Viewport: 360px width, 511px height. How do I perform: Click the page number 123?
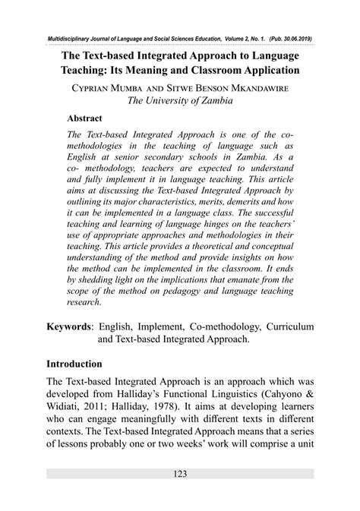point(180,475)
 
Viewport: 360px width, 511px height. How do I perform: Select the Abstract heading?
point(86,119)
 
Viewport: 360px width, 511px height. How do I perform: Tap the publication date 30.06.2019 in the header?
point(292,38)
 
